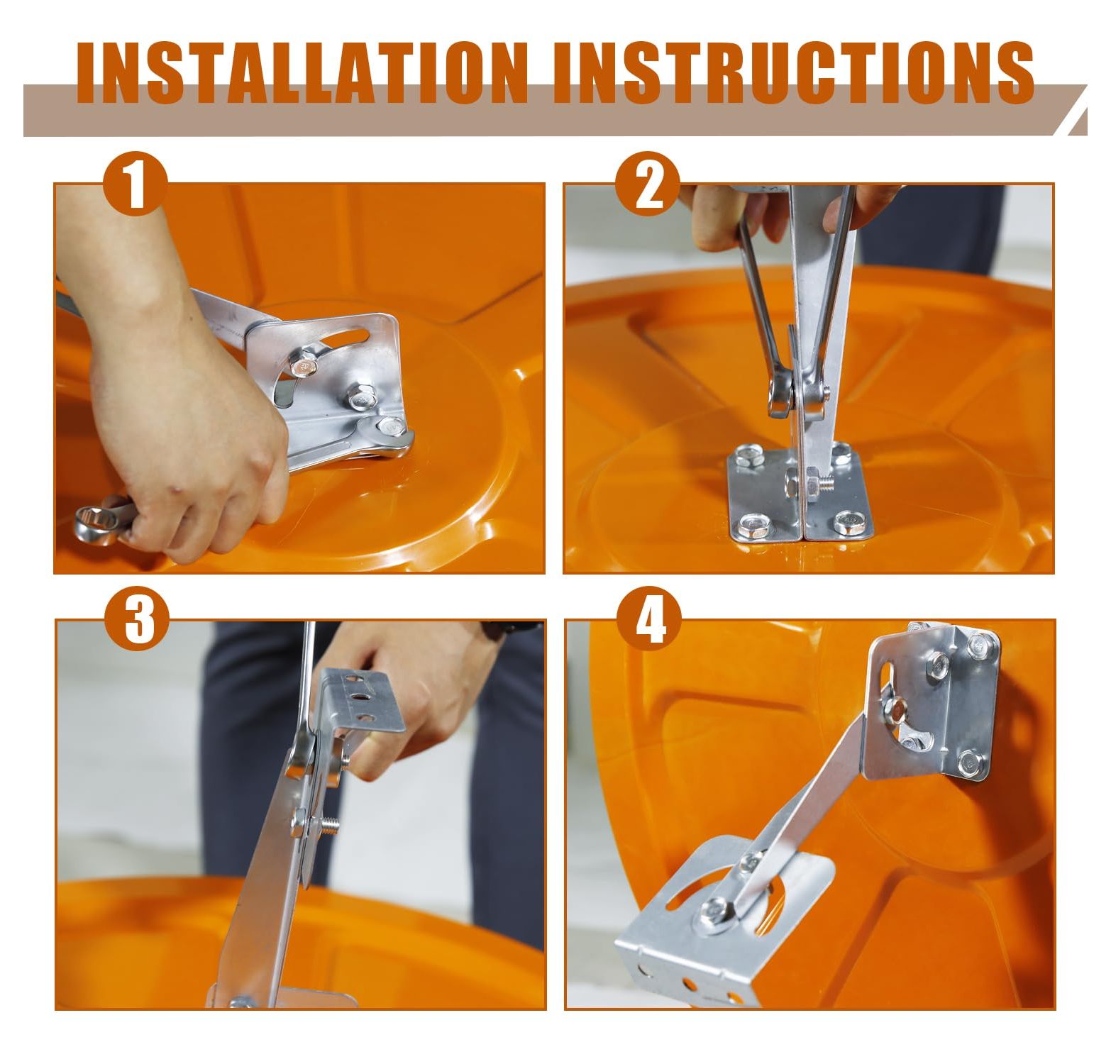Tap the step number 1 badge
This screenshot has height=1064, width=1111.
[x=136, y=185]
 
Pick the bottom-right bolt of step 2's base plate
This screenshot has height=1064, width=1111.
[x=847, y=523]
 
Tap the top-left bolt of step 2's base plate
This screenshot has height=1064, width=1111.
[x=748, y=455]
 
